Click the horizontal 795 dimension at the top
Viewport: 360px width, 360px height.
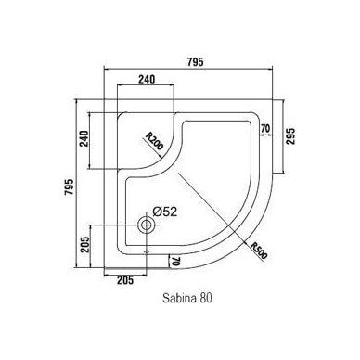[x=196, y=62]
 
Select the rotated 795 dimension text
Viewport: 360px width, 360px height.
[x=70, y=186]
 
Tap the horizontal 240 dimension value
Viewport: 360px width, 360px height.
[x=147, y=80]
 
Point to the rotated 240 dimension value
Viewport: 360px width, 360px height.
[x=84, y=139]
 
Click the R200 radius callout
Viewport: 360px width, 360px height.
[x=154, y=141]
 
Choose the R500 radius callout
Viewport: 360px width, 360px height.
[x=258, y=251]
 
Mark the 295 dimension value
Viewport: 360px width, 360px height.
[x=291, y=136]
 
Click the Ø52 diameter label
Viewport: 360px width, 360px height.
[x=165, y=212]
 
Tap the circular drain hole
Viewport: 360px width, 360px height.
[x=146, y=225]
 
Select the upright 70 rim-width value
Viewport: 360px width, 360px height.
[x=265, y=128]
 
